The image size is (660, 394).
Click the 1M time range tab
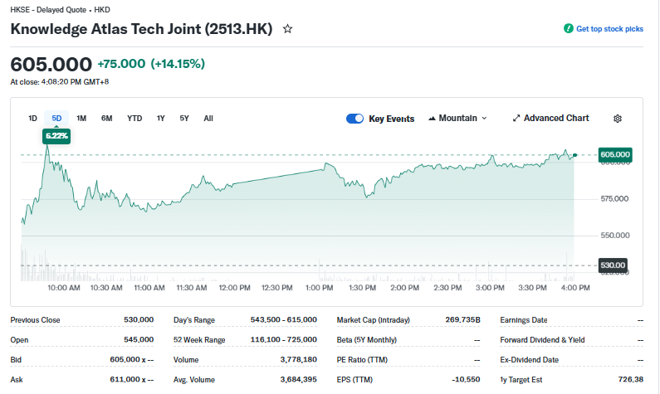[x=81, y=119]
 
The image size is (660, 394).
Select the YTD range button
[x=134, y=119]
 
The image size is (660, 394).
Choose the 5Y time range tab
[x=184, y=119]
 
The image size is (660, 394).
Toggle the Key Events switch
[x=355, y=119]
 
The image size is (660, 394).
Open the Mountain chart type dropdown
[x=457, y=119]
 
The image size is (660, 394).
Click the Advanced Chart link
[x=550, y=119]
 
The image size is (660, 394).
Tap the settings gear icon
[x=618, y=119]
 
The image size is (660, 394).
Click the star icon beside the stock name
[x=288, y=29]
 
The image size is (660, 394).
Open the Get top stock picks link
[x=604, y=29]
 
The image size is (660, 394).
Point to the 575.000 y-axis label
[x=614, y=199]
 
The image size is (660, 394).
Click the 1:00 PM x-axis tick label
[x=320, y=288]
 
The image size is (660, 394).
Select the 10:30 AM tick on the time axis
[x=105, y=288]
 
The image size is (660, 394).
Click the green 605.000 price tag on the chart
[x=615, y=154]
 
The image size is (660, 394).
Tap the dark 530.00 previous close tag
[x=614, y=265]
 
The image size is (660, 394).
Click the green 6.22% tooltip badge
[x=56, y=135]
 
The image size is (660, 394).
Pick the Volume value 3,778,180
[x=300, y=360]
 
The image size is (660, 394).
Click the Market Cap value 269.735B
[x=462, y=319]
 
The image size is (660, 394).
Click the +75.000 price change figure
[x=121, y=64]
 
